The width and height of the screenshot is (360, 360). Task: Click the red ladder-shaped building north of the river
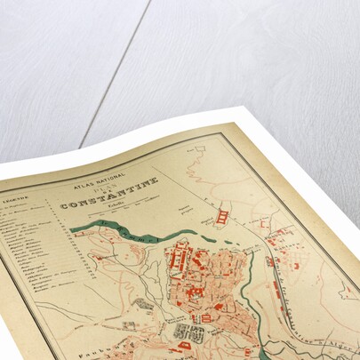point(223,214)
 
